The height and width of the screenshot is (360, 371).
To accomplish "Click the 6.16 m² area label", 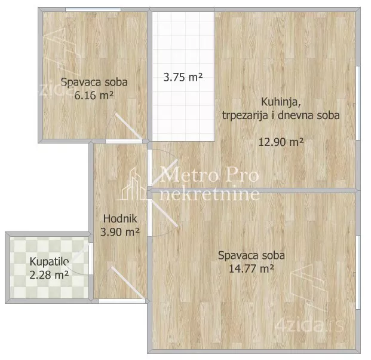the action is pyautogui.click(x=94, y=96).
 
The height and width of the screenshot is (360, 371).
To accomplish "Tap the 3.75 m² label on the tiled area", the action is pyautogui.click(x=183, y=77).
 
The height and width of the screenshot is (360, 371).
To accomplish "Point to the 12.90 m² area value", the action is pyautogui.click(x=281, y=142).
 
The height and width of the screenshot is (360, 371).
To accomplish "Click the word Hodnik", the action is pyautogui.click(x=120, y=219).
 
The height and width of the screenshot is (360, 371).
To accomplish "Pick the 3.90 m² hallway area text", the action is pyautogui.click(x=120, y=232).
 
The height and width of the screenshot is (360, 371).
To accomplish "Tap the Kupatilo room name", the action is pyautogui.click(x=49, y=262).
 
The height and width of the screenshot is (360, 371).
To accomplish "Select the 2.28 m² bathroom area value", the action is pyautogui.click(x=49, y=275).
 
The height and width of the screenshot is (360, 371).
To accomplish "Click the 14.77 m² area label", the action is pyautogui.click(x=252, y=269).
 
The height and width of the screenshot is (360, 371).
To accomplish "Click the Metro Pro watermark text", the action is pyautogui.click(x=210, y=175).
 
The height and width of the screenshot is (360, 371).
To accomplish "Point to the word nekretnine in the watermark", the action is pyautogui.click(x=210, y=194).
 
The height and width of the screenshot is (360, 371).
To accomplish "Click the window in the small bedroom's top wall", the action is pyautogui.click(x=93, y=10).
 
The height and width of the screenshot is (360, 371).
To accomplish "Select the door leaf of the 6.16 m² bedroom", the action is pyautogui.click(x=128, y=127).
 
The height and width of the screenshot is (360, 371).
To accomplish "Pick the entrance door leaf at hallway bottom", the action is pyautogui.click(x=128, y=283).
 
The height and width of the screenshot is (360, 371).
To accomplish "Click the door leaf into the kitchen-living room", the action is pyautogui.click(x=164, y=172).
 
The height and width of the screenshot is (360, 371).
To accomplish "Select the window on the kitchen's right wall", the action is pyautogui.click(x=358, y=103).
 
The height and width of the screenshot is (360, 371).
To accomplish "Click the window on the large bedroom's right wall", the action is pyautogui.click(x=358, y=272).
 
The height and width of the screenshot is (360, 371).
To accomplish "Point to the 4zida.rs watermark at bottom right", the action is pyautogui.click(x=309, y=326).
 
